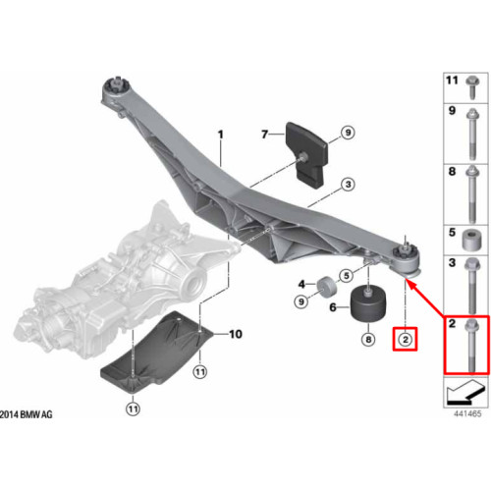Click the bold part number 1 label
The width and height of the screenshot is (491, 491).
221,135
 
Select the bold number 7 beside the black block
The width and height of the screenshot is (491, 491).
265,134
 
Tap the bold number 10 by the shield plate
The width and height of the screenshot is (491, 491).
236,334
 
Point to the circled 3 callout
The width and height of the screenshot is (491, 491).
348,185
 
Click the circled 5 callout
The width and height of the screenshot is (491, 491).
347,276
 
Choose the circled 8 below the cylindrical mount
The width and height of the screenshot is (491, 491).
368,340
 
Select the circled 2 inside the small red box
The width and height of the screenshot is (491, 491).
406,340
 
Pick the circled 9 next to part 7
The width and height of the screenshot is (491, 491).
348,133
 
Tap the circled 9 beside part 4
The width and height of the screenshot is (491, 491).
301,301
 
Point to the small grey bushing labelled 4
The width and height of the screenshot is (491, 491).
325,287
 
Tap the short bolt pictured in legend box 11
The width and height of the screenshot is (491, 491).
472,86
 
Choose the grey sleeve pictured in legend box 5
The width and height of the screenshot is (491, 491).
471,241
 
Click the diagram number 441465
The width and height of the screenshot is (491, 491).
467,413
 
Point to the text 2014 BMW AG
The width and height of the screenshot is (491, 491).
27,414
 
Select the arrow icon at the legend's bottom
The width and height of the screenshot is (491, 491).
465,392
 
